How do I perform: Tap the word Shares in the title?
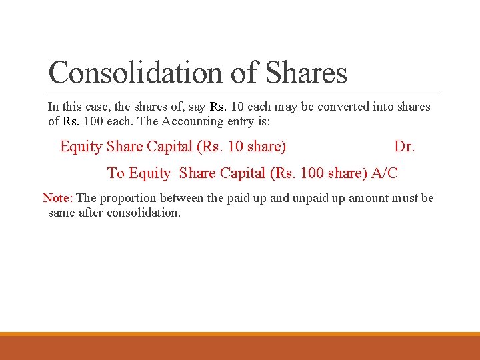(306, 72)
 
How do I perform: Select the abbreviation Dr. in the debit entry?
(404, 147)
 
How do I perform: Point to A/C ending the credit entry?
(385, 173)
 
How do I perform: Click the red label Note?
(59, 198)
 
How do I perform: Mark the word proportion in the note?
(132, 198)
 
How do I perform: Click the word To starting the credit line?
(116, 173)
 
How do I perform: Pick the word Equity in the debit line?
(81, 147)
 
